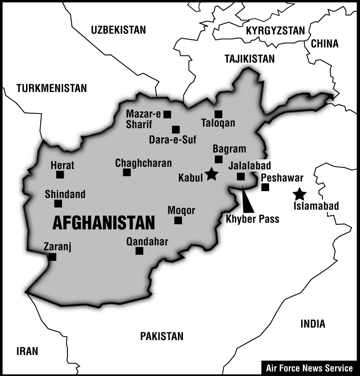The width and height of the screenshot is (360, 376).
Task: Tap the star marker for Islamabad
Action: (x=300, y=194)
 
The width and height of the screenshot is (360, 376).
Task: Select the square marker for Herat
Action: (x=60, y=175)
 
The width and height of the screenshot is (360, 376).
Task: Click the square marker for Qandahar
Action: (x=139, y=251)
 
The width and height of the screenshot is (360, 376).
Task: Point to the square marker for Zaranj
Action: (x=52, y=257)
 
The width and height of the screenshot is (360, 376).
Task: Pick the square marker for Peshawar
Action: (x=265, y=187)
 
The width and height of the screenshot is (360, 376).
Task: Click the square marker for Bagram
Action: (x=218, y=159)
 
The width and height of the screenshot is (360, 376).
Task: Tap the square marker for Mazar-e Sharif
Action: (x=167, y=114)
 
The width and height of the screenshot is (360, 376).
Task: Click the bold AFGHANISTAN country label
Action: (x=104, y=223)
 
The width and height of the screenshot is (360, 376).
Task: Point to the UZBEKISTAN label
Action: (x=118, y=30)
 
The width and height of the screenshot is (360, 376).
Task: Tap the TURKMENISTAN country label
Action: (x=52, y=88)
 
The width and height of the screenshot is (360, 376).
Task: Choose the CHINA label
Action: (x=324, y=44)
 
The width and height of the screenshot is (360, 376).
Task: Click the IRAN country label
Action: (x=27, y=351)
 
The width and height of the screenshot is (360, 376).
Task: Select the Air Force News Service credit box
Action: (x=309, y=368)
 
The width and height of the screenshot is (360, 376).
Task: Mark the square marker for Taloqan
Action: (x=218, y=114)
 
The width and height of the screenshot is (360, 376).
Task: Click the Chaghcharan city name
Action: (x=143, y=163)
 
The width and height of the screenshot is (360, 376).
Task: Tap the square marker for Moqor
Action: (x=178, y=220)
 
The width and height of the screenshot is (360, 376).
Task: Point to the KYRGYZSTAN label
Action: (x=275, y=31)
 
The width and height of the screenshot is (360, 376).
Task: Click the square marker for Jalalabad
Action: (x=240, y=176)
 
